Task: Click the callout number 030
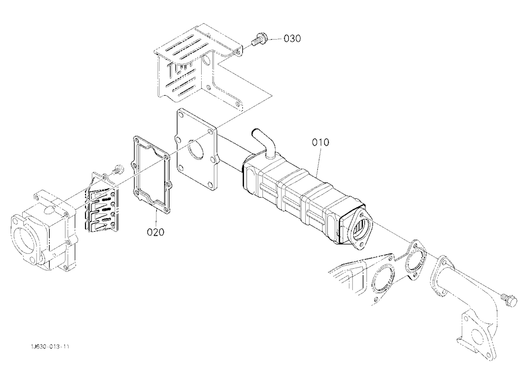pos(292,39)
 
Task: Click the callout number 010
pos(320,142)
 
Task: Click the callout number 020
pos(156,232)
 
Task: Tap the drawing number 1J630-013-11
pos(50,346)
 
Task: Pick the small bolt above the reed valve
pos(118,168)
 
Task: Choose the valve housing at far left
pos(44,233)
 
